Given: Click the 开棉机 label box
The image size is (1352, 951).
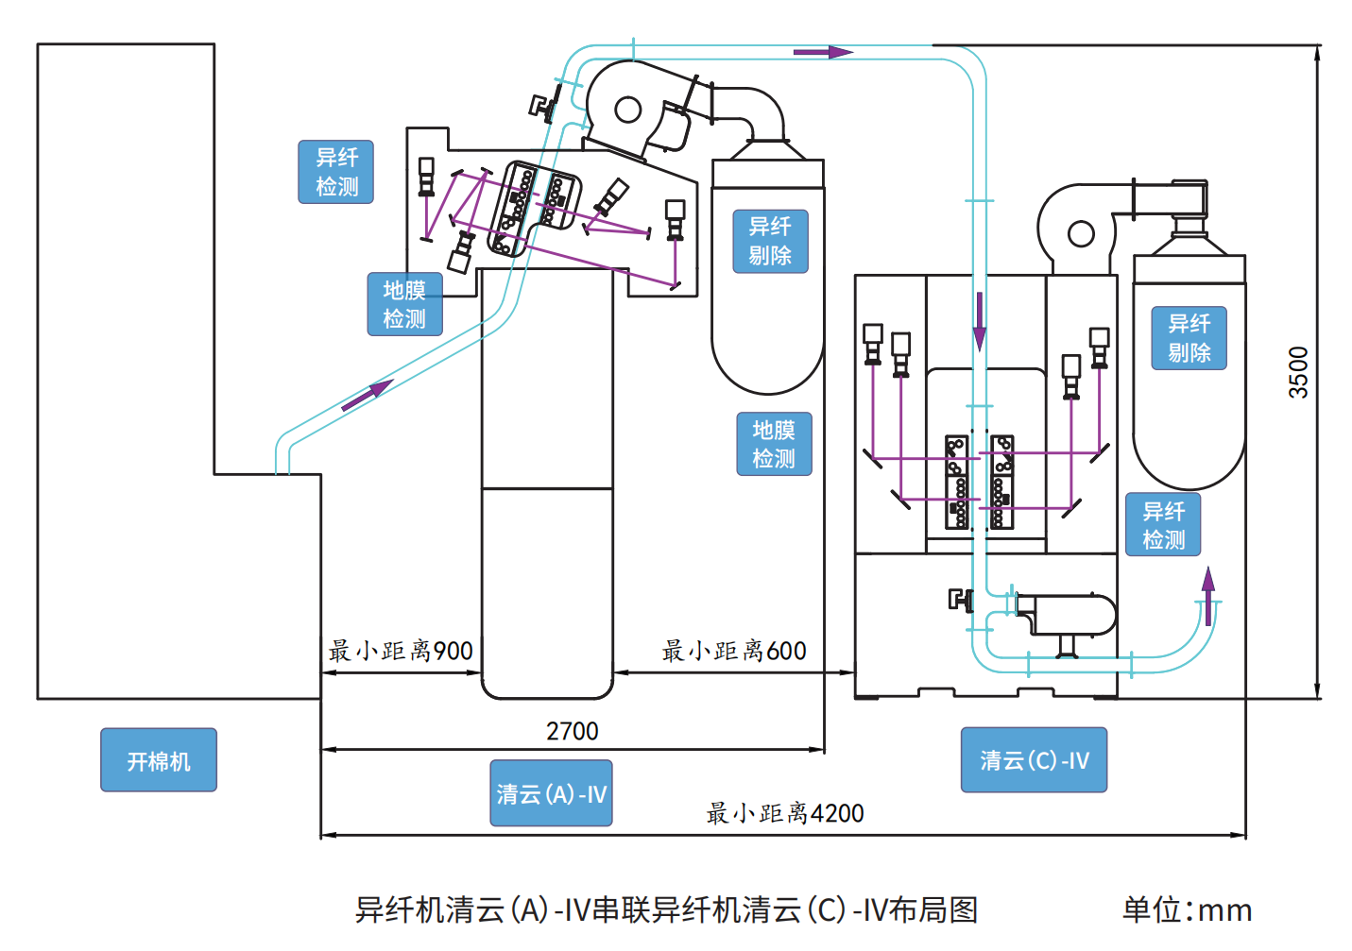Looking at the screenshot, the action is [159, 759].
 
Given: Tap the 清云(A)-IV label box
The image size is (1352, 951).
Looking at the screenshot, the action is [551, 793].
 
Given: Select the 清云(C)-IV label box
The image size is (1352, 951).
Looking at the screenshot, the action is [1034, 759].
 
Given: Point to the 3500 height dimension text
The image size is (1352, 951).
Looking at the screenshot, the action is [1298, 372].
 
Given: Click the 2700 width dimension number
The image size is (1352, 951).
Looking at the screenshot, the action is [573, 731].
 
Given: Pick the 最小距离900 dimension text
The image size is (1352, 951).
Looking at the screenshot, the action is [401, 651].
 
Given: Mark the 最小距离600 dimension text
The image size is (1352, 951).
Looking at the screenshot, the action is [734, 651].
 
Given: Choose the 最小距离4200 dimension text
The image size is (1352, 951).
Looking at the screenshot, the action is [785, 813].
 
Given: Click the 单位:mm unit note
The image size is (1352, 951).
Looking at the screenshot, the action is [1188, 910].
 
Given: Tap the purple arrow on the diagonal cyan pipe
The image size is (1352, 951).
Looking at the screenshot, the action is [368, 396].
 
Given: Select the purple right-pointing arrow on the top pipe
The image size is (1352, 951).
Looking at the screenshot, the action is [823, 52].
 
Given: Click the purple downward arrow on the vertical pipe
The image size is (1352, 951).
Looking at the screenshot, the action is [980, 322].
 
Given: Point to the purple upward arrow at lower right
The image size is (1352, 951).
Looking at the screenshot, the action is [1207, 596].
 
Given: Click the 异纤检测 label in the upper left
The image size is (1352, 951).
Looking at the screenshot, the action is [336, 172].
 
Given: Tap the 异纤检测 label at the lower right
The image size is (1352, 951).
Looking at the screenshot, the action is [1163, 524].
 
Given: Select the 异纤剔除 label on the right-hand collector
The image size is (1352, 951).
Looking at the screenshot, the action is [1189, 338].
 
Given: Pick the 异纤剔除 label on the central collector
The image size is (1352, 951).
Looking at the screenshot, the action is [771, 242].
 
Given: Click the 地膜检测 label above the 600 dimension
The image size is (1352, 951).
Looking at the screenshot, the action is [775, 444].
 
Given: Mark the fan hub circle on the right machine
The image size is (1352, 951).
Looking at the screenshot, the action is [1081, 233].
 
